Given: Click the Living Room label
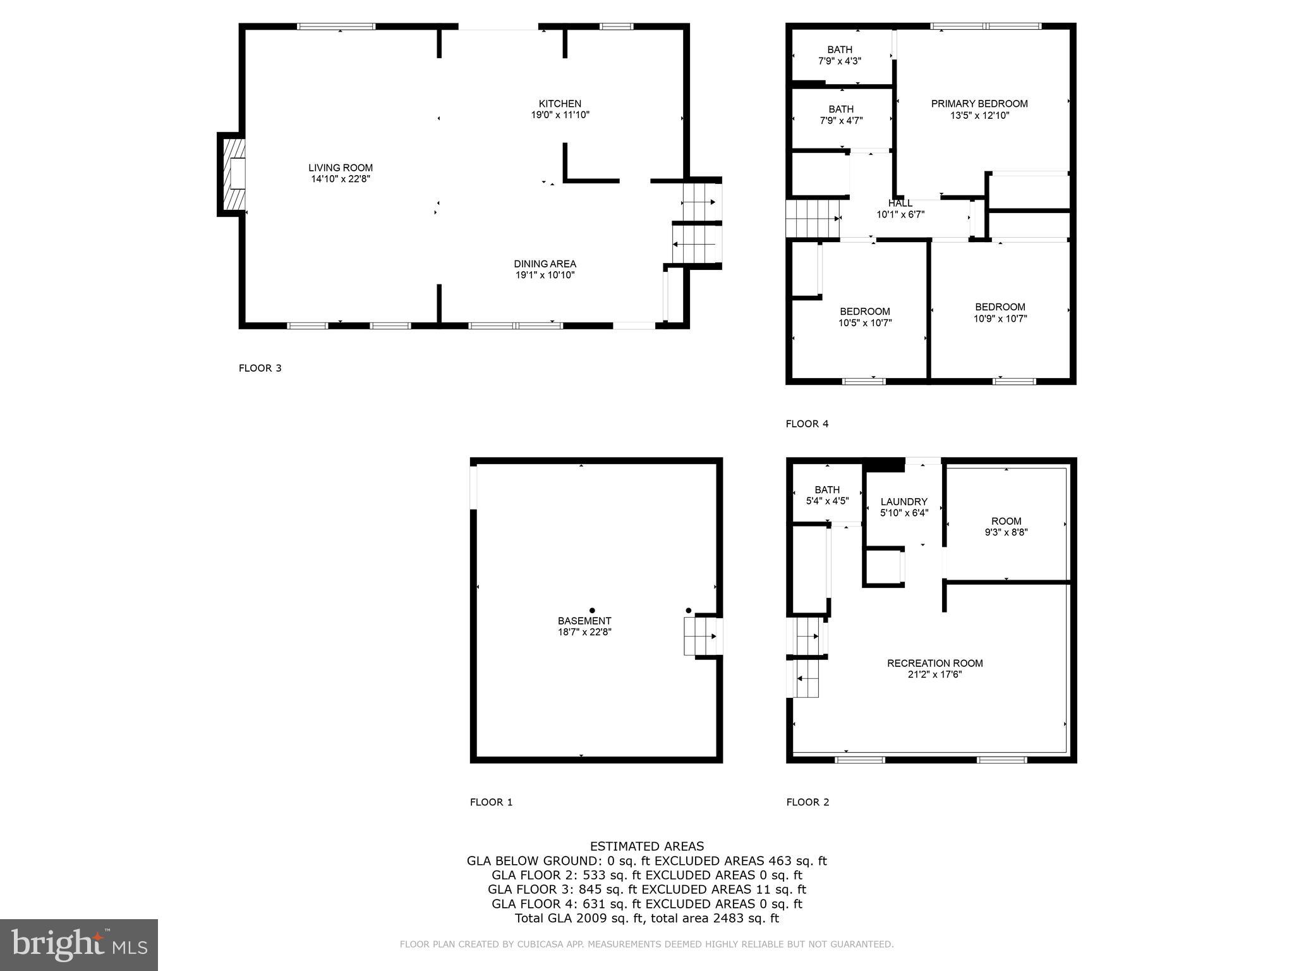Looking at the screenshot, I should click(341, 168).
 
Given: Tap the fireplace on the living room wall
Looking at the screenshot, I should click(232, 174).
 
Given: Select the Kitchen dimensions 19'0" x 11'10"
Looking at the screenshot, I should click(560, 115).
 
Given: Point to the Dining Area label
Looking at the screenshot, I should click(545, 264).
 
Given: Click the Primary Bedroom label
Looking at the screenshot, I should click(979, 104).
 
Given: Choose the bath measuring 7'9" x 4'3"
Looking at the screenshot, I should click(840, 55).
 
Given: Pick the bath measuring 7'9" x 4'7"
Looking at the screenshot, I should click(840, 114).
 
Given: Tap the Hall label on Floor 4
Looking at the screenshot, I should click(900, 204).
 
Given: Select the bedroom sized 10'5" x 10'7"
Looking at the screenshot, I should click(864, 317).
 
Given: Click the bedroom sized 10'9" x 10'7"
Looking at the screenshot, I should click(1000, 313).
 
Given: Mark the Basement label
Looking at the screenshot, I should click(584, 621).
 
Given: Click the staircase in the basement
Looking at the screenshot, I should click(700, 636).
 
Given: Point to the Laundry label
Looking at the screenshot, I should click(904, 502).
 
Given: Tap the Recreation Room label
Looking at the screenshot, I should click(934, 663).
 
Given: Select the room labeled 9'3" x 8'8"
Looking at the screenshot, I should click(1006, 527).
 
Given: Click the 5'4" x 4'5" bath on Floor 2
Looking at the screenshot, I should click(827, 495).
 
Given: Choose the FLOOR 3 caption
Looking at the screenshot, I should click(260, 368).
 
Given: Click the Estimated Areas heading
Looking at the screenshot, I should click(646, 846).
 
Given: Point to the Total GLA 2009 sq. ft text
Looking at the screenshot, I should click(646, 918).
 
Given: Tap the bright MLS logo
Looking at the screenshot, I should click(79, 944).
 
